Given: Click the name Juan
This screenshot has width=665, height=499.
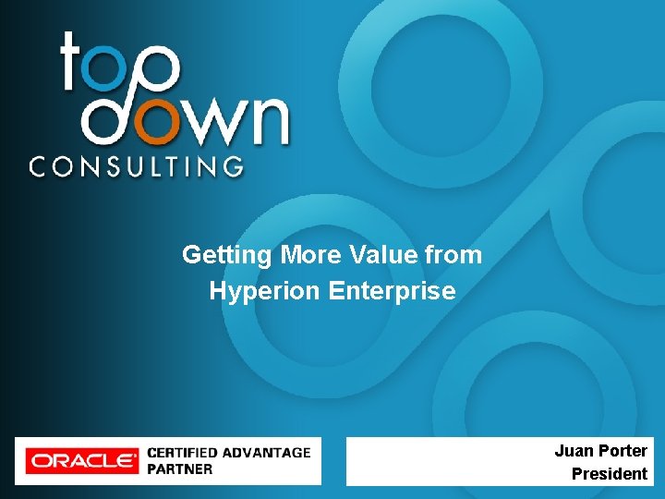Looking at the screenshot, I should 574,451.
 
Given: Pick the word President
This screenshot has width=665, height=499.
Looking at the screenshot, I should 610,474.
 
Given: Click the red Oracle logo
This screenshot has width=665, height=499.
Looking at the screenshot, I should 81,460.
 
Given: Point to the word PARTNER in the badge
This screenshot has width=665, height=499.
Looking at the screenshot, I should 180,469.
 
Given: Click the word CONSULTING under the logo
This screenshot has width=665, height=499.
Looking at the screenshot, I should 137,166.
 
